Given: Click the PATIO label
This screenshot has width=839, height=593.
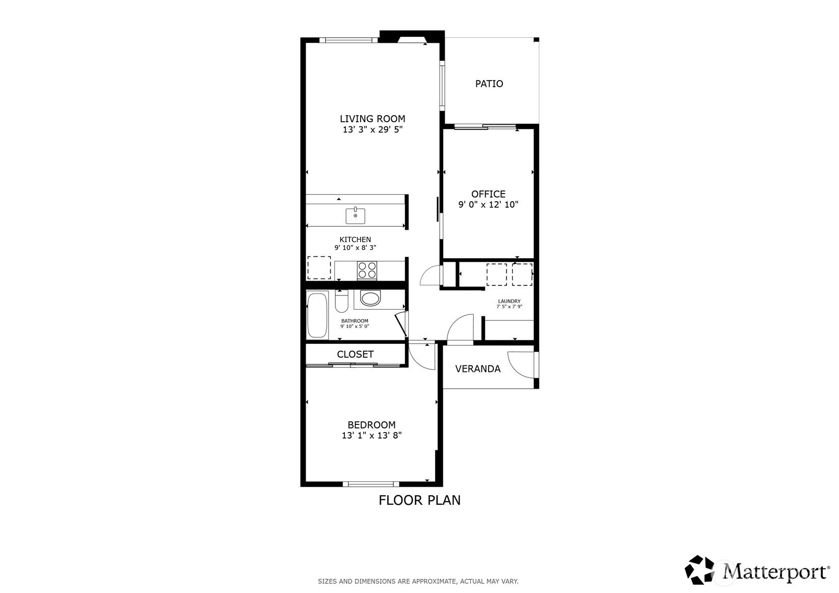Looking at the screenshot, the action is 489,84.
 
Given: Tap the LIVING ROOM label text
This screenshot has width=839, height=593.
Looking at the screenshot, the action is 372,119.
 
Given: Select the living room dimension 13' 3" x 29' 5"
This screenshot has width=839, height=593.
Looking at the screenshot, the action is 372,129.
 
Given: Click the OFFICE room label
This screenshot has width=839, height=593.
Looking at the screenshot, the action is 488,194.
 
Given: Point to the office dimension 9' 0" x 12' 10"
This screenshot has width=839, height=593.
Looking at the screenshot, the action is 488,204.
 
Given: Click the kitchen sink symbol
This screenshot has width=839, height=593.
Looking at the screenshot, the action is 355,216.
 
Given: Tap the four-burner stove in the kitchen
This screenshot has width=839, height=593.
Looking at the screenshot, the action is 367,270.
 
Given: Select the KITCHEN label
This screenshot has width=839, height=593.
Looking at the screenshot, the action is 355,239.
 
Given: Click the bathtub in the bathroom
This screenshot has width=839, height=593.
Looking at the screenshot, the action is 317,315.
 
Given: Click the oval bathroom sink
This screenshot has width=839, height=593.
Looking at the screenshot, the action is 370,298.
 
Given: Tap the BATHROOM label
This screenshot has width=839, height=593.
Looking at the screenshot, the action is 355,321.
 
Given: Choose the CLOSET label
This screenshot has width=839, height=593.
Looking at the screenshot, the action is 355,355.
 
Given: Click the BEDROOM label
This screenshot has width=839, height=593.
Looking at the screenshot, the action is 371,425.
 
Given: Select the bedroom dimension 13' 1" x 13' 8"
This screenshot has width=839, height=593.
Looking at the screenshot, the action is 371,435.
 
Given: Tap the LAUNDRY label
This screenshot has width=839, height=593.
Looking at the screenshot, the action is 509,301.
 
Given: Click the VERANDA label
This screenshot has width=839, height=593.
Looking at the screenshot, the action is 477,369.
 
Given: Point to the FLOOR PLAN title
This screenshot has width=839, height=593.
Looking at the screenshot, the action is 420,500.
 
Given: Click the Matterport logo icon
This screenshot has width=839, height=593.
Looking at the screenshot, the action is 699,571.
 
